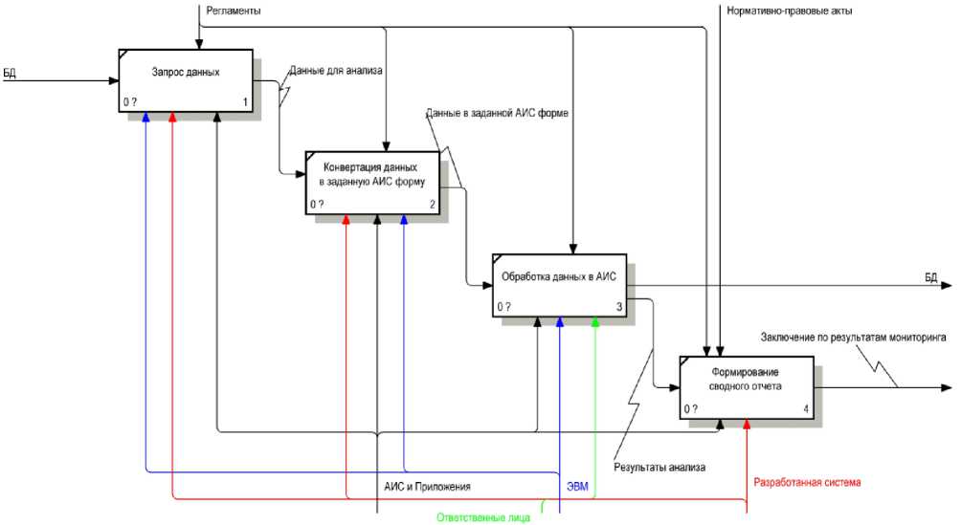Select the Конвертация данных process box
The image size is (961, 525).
click(372, 181)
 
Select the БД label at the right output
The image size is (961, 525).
click(930, 277)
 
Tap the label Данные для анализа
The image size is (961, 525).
click(336, 70)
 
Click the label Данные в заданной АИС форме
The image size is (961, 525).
click(498, 113)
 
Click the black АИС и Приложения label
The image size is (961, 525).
click(427, 487)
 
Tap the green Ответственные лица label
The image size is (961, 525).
click(483, 517)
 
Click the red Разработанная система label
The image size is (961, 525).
click(808, 481)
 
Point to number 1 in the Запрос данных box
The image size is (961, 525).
click(246, 101)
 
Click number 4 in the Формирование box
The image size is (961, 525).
click(806, 409)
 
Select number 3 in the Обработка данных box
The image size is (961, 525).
click(619, 307)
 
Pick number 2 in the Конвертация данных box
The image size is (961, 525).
click(433, 204)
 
